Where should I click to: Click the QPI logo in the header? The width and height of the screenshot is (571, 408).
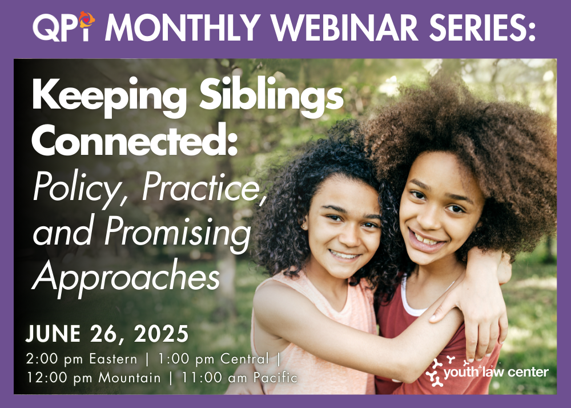point(64,27)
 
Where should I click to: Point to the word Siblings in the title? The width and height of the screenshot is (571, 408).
point(271,97)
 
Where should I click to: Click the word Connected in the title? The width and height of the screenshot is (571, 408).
point(135,140)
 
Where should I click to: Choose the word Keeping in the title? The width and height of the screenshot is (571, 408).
point(109,97)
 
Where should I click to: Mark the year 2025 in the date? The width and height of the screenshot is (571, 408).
point(161,334)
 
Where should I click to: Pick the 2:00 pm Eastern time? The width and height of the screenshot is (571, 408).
point(82,359)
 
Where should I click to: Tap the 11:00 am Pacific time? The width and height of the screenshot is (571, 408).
point(239,377)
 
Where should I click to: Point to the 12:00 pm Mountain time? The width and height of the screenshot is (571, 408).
point(94,378)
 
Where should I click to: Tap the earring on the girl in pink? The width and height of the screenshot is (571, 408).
point(303,227)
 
